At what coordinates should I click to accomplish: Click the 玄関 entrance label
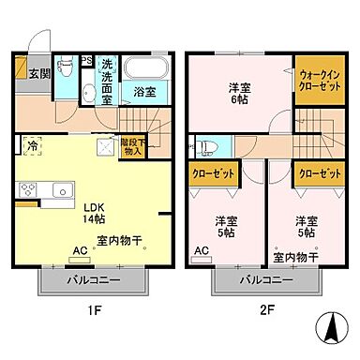[37, 74]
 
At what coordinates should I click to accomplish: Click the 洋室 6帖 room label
[241, 95]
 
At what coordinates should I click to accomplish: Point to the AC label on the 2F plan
[201, 250]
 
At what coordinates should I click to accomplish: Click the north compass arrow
[329, 330]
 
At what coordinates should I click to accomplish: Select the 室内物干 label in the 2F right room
[295, 255]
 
